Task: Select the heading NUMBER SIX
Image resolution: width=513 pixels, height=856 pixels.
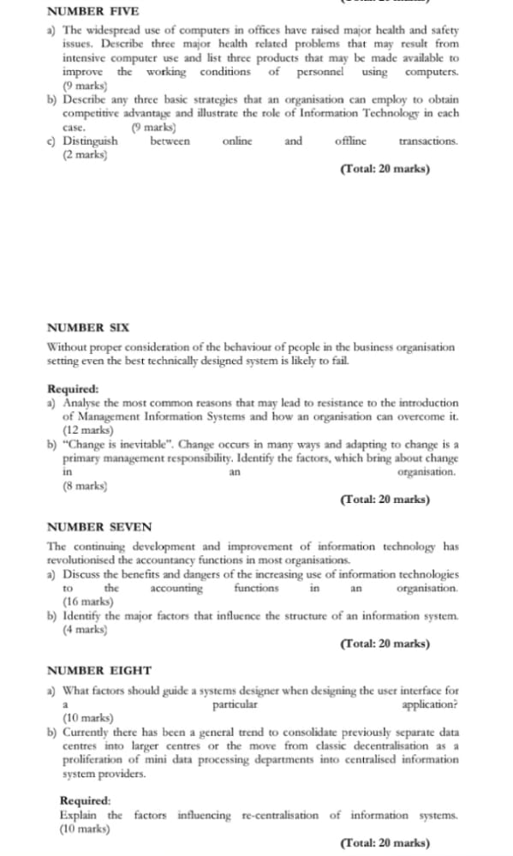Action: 87,326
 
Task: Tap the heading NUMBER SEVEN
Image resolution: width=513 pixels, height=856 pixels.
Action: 98,527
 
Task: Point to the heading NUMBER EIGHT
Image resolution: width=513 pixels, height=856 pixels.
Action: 98,670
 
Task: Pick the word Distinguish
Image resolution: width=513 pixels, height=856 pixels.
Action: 91,141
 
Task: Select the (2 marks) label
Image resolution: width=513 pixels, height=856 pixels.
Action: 85,154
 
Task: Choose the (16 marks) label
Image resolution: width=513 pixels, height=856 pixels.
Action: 88,602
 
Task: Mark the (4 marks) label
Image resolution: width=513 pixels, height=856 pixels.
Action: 85,629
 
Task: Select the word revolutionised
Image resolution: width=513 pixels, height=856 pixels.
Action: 95,560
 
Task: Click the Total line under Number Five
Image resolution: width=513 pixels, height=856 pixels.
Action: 385,169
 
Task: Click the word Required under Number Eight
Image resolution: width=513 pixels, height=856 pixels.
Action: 85,801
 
